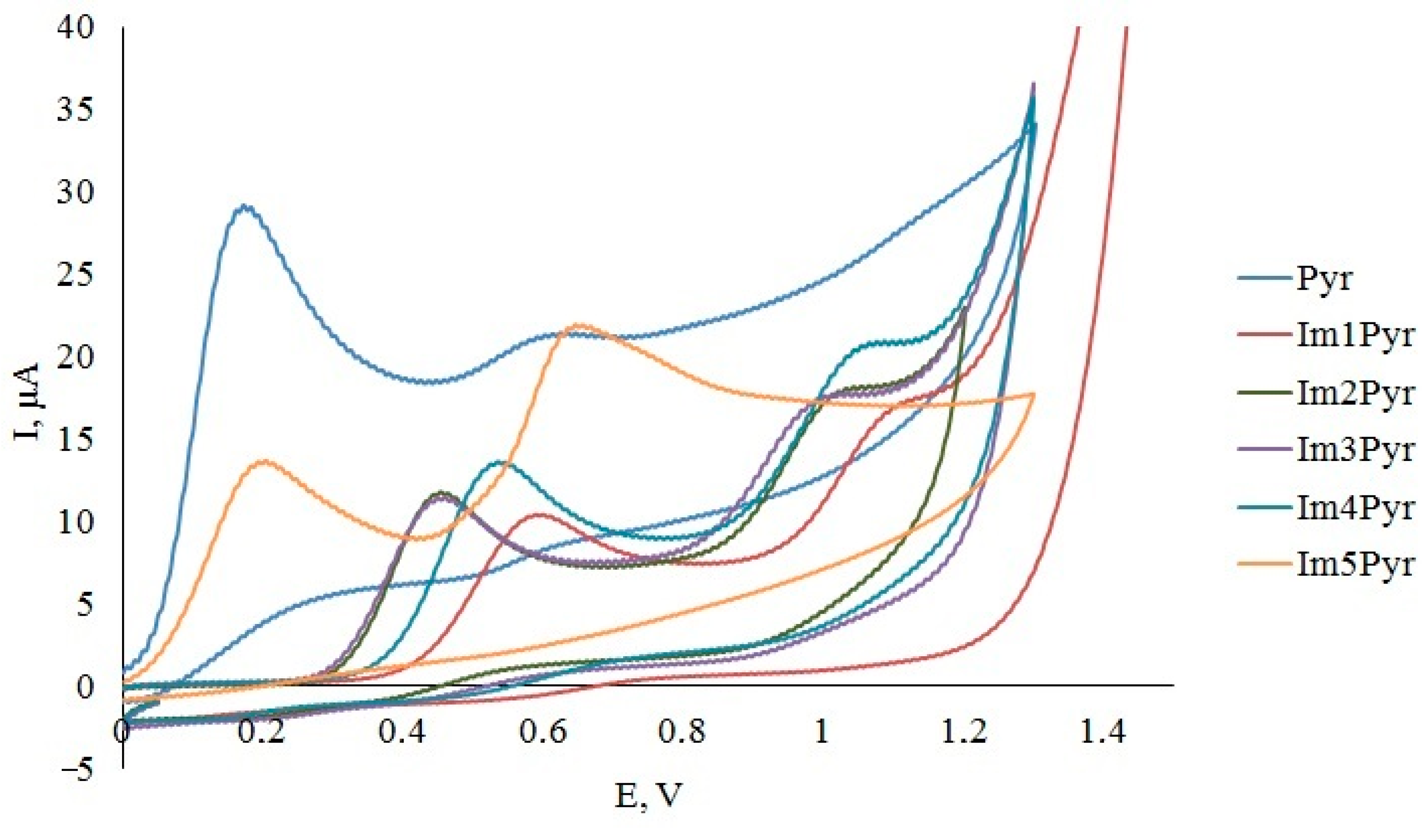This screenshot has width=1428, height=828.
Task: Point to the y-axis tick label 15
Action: (x=74, y=442)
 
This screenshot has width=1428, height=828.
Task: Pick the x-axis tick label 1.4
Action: (x=1102, y=733)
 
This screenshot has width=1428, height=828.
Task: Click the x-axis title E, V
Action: (x=646, y=796)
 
